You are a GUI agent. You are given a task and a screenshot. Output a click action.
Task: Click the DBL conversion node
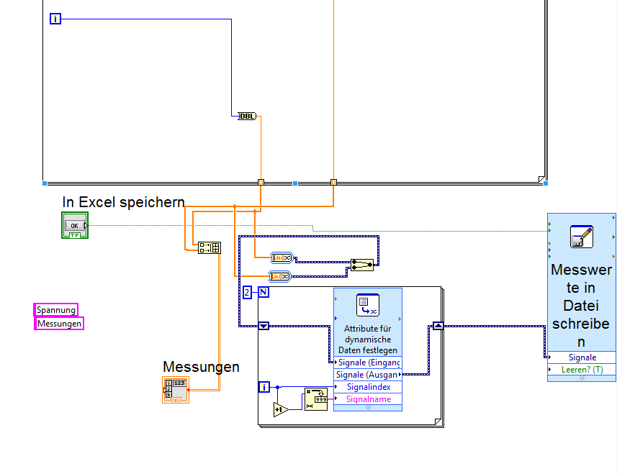[x=247, y=115]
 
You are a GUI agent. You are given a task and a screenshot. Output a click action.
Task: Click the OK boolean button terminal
[x=74, y=226]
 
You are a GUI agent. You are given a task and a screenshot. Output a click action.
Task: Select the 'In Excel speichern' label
[x=123, y=202]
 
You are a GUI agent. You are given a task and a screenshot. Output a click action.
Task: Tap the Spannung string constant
[x=56, y=310]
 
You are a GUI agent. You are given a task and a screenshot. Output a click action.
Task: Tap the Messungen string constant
[x=60, y=324]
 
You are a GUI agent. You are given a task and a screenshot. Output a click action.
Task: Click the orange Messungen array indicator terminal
[x=176, y=389]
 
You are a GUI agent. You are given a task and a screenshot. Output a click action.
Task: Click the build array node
[x=210, y=247]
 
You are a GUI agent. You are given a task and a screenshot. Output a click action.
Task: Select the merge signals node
[x=362, y=265]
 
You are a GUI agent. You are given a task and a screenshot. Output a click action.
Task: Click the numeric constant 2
[x=247, y=292]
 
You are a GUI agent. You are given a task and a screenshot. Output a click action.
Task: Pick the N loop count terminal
[x=264, y=292]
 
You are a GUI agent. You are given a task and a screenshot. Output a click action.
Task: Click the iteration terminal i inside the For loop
[x=264, y=387]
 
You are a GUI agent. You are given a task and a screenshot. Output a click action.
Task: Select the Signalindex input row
[x=367, y=387]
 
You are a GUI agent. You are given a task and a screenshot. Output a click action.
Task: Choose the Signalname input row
[x=367, y=399]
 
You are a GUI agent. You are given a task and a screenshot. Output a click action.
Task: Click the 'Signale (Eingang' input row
[x=367, y=363]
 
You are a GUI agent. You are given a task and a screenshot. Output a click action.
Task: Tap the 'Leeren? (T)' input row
[x=581, y=370]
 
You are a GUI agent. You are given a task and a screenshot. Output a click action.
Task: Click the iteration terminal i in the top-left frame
[x=55, y=19]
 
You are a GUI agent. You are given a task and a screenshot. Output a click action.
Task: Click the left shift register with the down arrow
[x=264, y=326]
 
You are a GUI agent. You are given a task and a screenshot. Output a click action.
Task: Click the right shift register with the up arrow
[x=437, y=326]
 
